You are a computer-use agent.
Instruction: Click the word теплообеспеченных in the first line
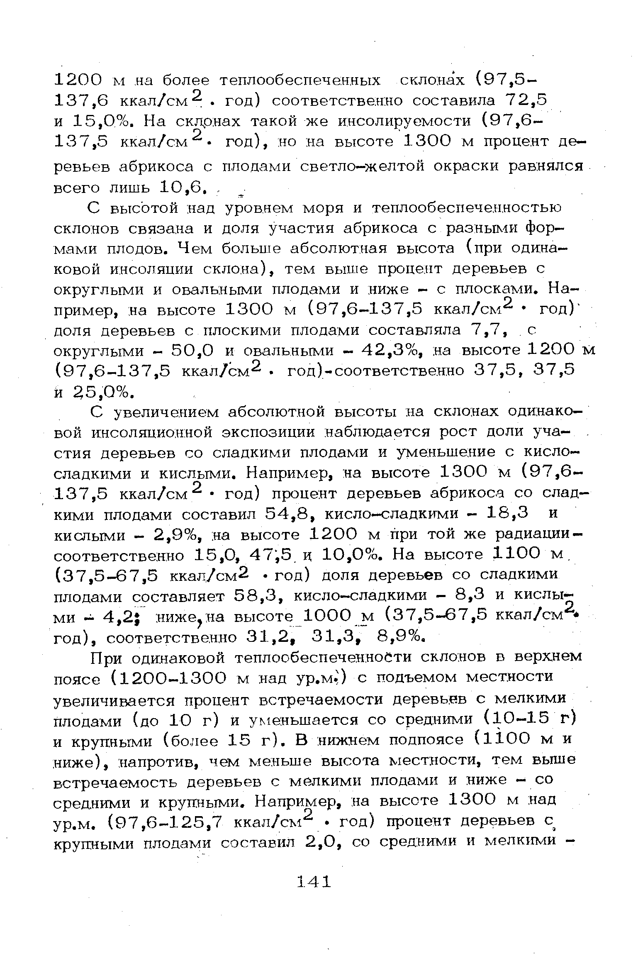(299, 80)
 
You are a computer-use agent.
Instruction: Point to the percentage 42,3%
(386, 351)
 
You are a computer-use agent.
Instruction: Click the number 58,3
(258, 596)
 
